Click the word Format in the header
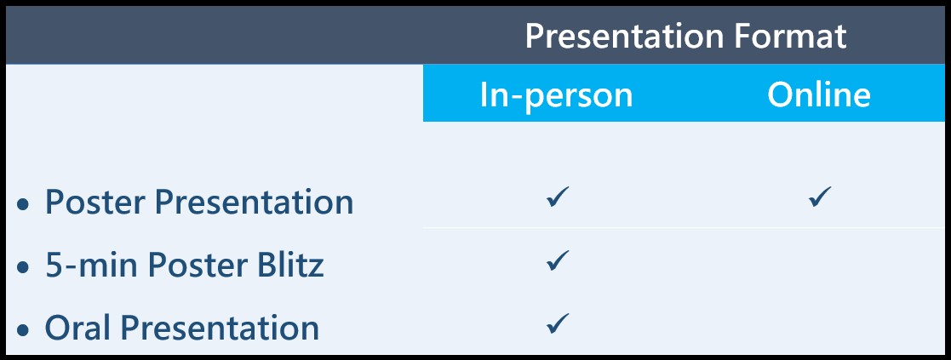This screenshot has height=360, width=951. (x=790, y=37)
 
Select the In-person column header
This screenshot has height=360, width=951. (x=556, y=95)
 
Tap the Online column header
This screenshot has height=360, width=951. (x=819, y=95)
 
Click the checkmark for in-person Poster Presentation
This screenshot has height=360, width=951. (x=558, y=197)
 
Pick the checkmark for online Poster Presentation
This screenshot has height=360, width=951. (x=819, y=197)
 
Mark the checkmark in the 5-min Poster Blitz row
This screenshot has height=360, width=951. (x=558, y=260)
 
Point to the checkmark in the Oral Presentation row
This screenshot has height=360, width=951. (x=558, y=323)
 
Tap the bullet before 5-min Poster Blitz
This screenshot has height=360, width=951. (x=23, y=267)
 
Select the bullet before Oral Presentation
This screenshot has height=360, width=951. (x=23, y=330)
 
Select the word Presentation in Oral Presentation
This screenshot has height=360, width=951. (x=219, y=328)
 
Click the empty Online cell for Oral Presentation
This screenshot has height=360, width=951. (x=819, y=323)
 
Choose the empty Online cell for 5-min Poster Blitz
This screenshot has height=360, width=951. (x=819, y=260)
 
